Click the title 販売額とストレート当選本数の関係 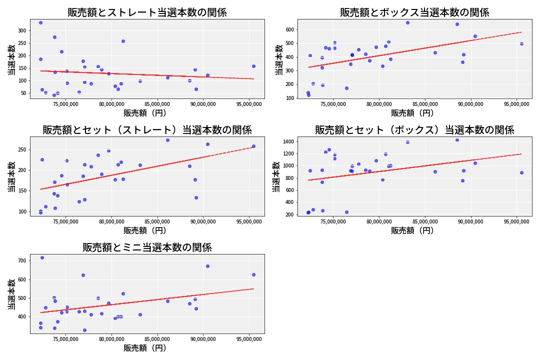(x=147, y=12)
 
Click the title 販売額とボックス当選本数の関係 (x=414, y=12)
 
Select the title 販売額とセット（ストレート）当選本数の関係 (x=147, y=130)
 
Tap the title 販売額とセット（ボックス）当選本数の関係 (x=414, y=130)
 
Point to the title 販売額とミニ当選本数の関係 (x=147, y=247)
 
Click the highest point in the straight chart (x=40, y=22)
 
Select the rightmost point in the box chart (x=521, y=43)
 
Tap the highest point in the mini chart (x=42, y=257)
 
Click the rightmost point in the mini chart (x=253, y=274)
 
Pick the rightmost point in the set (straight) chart (x=253, y=146)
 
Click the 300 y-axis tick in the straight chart (x=22, y=30)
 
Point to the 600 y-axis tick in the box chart (x=289, y=29)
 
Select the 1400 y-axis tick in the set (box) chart (x=287, y=142)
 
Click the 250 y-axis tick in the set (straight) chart (x=22, y=149)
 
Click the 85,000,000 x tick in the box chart (x=425, y=104)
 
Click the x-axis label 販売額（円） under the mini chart (x=147, y=348)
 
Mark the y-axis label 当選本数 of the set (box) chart (x=276, y=176)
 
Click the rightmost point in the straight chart (x=253, y=66)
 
